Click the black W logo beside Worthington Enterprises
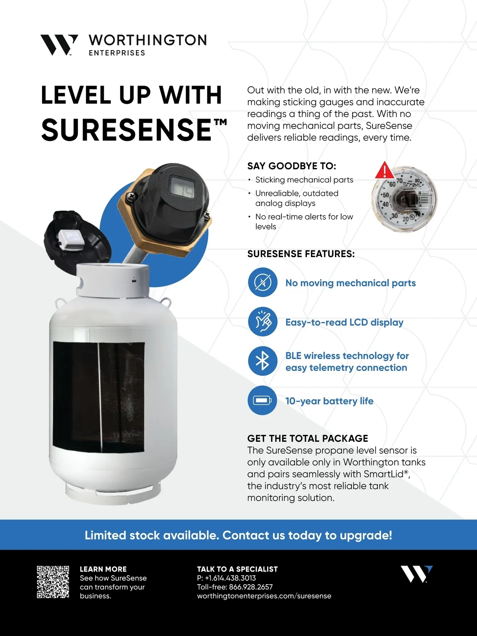click(x=59, y=45)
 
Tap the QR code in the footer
click(x=53, y=582)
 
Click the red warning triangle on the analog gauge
click(x=384, y=170)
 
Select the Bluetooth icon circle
click(x=263, y=361)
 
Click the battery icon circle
click(x=262, y=400)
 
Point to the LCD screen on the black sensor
click(x=182, y=187)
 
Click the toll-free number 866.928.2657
click(x=251, y=587)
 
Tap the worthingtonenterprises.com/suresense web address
click(x=264, y=596)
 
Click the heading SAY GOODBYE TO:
click(x=292, y=166)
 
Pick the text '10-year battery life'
click(x=330, y=401)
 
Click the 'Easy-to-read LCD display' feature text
click(x=345, y=322)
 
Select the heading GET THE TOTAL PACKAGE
click(x=308, y=438)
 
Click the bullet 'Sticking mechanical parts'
click(x=304, y=180)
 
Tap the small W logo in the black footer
click(x=417, y=574)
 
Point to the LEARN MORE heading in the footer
click(x=103, y=569)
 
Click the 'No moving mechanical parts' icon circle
click(x=263, y=282)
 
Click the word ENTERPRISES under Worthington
click(x=117, y=53)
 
